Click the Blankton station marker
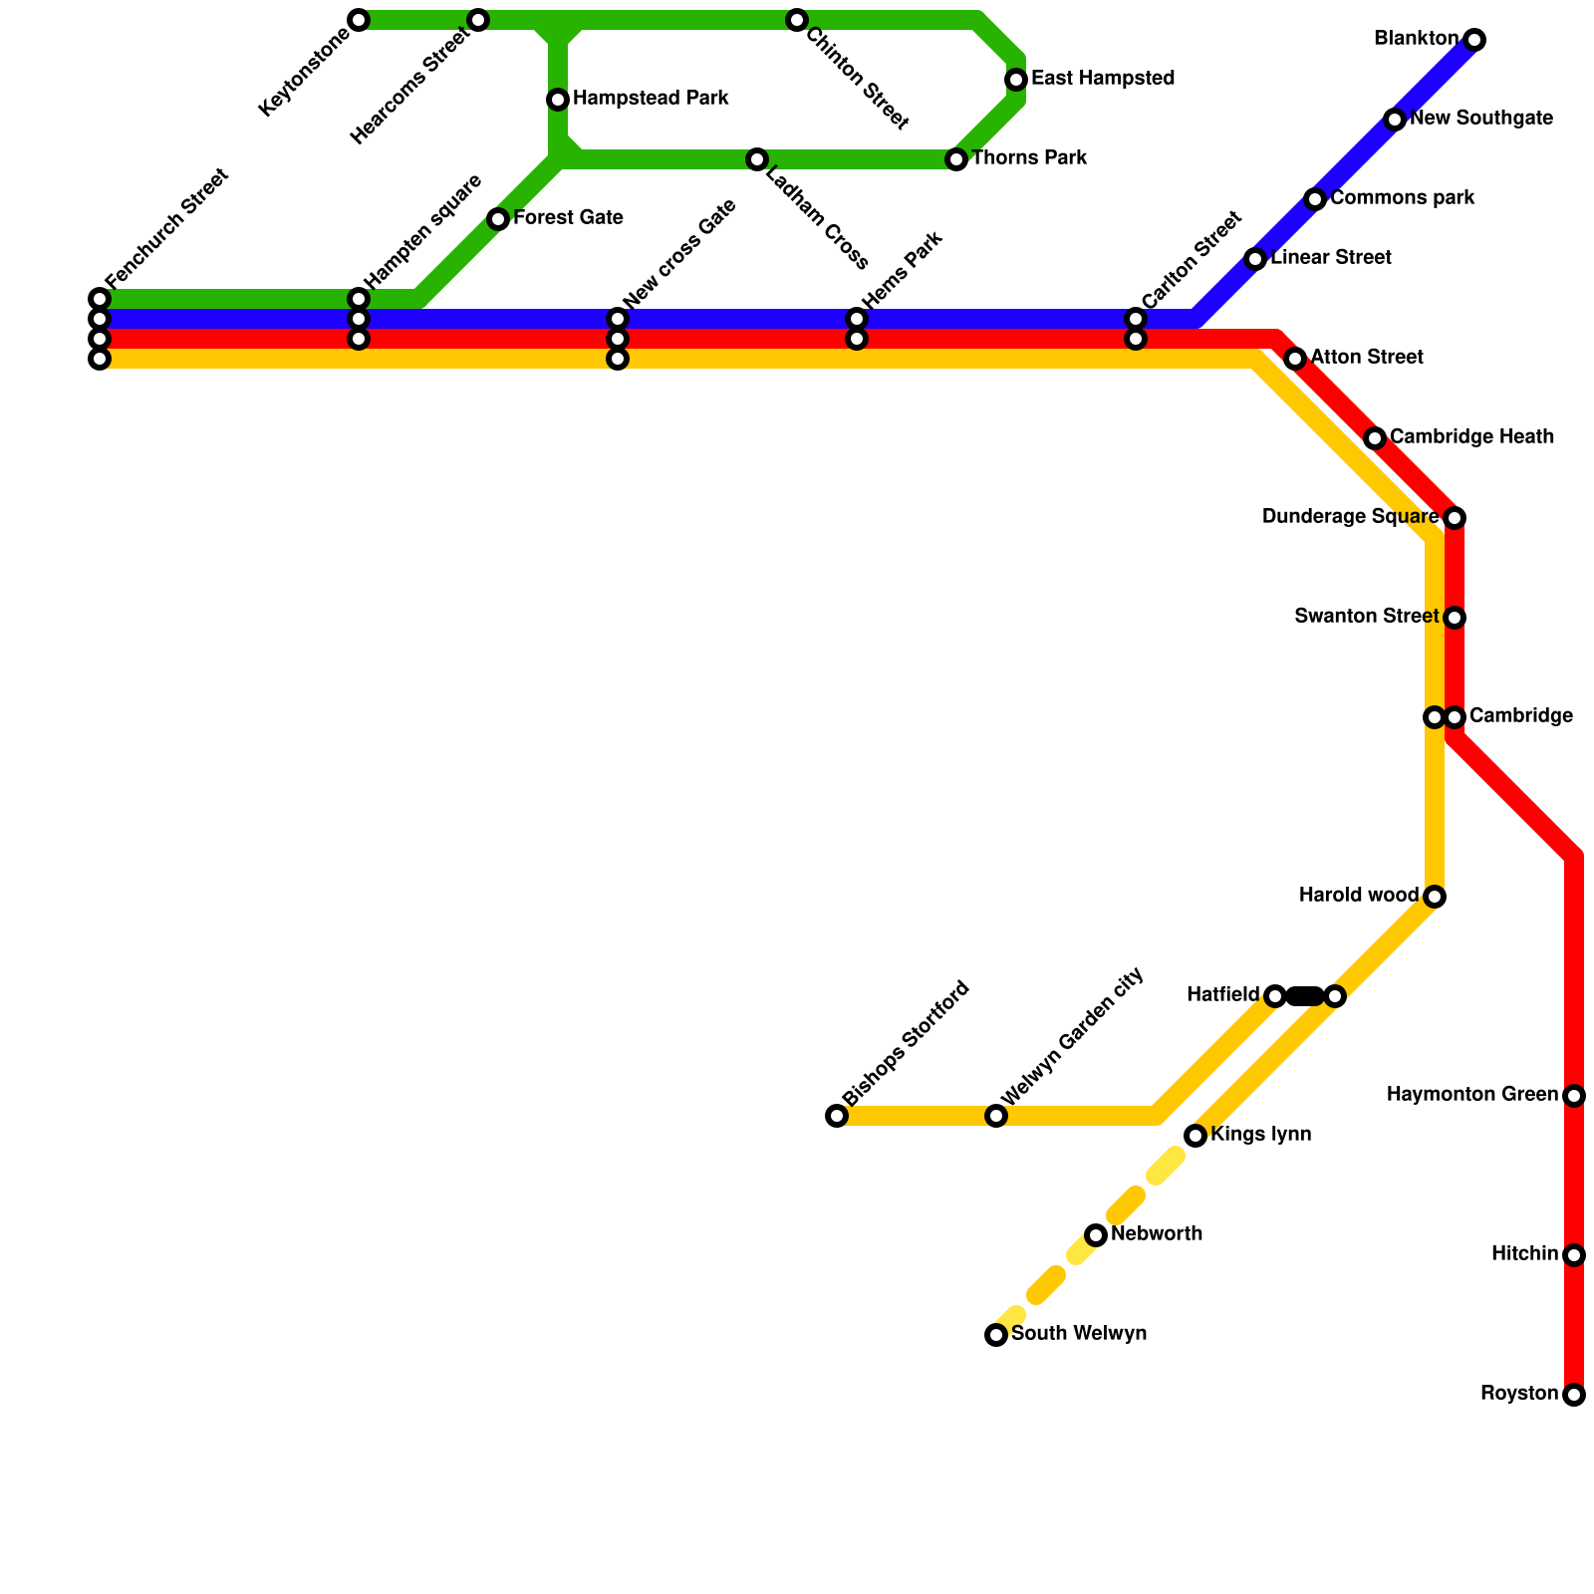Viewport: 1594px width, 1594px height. pyautogui.click(x=1474, y=40)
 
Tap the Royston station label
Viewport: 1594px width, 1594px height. pyautogui.click(x=1518, y=1394)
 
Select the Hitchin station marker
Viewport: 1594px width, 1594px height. pyautogui.click(x=1574, y=1255)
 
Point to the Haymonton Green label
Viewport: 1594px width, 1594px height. pyautogui.click(x=1471, y=1095)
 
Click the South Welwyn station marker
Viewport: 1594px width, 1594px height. pyautogui.click(x=996, y=1335)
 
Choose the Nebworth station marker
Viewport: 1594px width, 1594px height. pyautogui.click(x=1096, y=1235)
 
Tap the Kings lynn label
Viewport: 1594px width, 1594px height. pyautogui.click(x=1260, y=1135)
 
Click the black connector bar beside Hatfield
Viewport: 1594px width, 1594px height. pyautogui.click(x=1305, y=996)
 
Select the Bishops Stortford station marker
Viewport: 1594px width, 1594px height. pyautogui.click(x=837, y=1116)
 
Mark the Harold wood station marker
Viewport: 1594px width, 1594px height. pyautogui.click(x=1435, y=897)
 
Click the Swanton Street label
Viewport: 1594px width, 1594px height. pyautogui.click(x=1366, y=617)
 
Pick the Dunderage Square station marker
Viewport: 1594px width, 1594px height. pyautogui.click(x=1455, y=518)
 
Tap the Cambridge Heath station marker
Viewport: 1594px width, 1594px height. pyautogui.click(x=1375, y=438)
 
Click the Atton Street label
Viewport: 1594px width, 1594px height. pyautogui.click(x=1366, y=358)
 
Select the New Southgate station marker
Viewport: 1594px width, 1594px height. pyautogui.click(x=1395, y=120)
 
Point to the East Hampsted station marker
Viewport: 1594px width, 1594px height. pyautogui.click(x=1016, y=80)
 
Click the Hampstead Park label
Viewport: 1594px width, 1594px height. pyautogui.click(x=651, y=99)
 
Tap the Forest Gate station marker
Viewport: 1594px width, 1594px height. pyautogui.click(x=498, y=219)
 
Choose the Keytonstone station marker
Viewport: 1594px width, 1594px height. pyautogui.click(x=359, y=20)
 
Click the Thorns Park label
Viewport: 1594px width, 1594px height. pyautogui.click(x=1028, y=158)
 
